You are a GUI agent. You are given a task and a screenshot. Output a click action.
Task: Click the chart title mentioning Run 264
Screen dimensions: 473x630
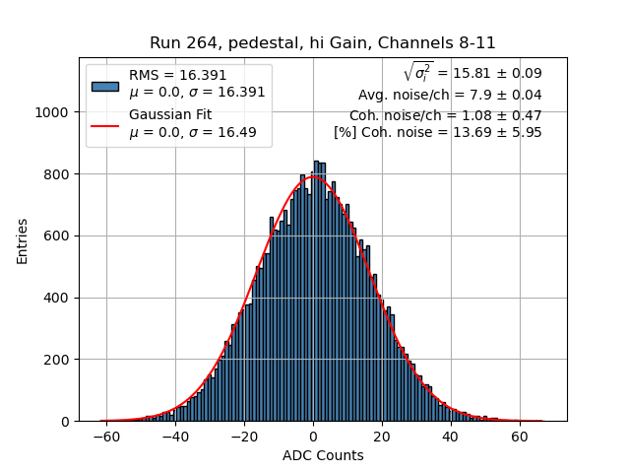coord(323,43)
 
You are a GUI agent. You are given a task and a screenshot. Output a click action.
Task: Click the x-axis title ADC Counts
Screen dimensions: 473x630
coord(323,455)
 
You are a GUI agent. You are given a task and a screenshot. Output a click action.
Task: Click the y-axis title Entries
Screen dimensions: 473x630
coord(23,240)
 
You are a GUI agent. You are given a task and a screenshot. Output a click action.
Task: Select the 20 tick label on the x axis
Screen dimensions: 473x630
coord(382,436)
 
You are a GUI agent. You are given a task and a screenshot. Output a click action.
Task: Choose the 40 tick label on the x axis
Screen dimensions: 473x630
coord(451,436)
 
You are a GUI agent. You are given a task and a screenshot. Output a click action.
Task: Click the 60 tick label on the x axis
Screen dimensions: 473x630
coord(520,436)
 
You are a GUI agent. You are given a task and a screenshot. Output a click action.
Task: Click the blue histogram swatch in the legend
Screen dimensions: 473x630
coord(104,85)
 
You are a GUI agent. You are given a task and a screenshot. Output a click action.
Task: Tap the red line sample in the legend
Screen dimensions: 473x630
coord(104,125)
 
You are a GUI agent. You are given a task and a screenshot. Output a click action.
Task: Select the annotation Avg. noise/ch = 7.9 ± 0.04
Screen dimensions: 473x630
coord(450,96)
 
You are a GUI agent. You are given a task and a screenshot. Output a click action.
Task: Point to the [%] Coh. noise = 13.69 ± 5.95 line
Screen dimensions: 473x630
coord(438,132)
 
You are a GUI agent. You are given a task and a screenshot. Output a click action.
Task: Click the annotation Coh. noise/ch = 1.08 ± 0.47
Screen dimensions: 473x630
coord(446,114)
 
